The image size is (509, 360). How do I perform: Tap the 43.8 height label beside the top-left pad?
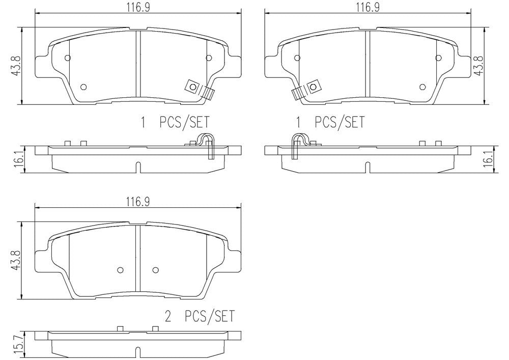(16, 66)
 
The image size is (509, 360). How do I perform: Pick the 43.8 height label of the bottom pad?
(16, 260)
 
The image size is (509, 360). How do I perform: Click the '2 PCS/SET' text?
(200, 316)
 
